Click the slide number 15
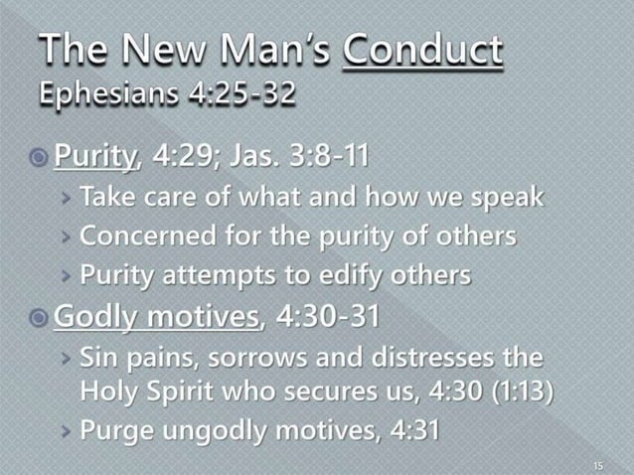click(x=597, y=462)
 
